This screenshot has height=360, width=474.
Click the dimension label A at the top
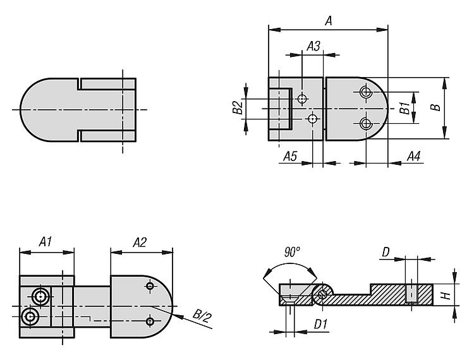tap(328, 20)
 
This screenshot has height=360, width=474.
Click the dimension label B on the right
tap(435, 108)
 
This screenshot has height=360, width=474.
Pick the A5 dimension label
tap(290, 155)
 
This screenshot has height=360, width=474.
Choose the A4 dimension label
tap(415, 155)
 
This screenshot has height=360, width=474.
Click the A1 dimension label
tap(46, 242)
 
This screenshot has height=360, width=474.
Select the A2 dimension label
tap(140, 242)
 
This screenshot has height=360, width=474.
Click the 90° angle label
tap(292, 251)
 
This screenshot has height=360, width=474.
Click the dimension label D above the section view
tap(386, 253)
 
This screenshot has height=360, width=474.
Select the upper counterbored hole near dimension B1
tap(365, 93)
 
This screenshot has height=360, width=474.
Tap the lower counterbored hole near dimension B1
tap(365, 123)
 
